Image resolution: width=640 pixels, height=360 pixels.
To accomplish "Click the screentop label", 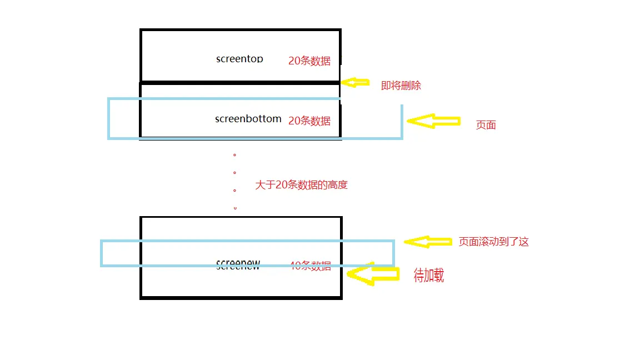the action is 239,59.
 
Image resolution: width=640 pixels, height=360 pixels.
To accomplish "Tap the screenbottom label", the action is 248,119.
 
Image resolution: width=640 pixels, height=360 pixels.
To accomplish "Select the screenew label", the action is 238,266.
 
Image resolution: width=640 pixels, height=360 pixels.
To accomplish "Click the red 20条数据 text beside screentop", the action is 309,61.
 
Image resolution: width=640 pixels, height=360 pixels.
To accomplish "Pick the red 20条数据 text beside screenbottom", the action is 309,121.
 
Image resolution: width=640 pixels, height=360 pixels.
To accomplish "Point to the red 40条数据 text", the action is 311,266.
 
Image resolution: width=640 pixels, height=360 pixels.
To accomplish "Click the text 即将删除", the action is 401,86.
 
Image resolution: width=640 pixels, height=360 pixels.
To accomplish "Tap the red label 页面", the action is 486,125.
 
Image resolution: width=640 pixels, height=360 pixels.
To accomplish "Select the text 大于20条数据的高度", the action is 301,185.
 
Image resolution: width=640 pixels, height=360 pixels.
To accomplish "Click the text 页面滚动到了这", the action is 493,242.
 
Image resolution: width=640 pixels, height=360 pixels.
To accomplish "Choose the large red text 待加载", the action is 428,276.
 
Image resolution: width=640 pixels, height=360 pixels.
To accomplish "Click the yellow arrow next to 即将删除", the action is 355,82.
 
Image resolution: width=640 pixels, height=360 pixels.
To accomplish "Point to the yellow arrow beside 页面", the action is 434,121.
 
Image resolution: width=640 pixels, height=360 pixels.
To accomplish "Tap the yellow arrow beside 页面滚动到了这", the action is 427,242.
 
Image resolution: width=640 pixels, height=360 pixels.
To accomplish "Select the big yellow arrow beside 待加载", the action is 373,273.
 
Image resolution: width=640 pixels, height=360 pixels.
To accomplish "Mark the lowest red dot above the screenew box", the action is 235,208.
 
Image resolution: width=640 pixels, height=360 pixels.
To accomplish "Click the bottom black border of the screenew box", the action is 241,297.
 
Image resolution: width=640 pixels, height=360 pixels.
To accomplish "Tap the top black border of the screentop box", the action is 240,30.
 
